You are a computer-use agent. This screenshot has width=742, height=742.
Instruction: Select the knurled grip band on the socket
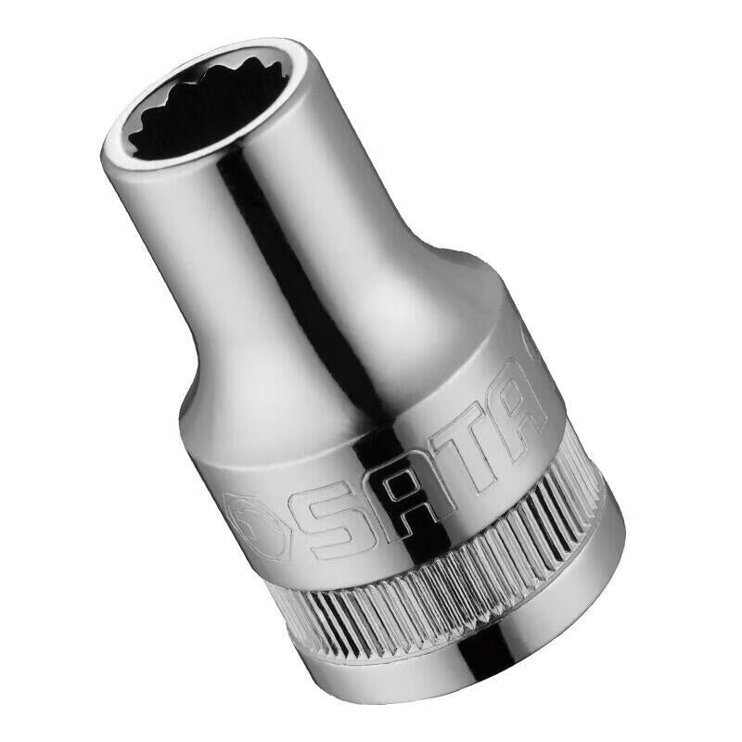tap(445, 575)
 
